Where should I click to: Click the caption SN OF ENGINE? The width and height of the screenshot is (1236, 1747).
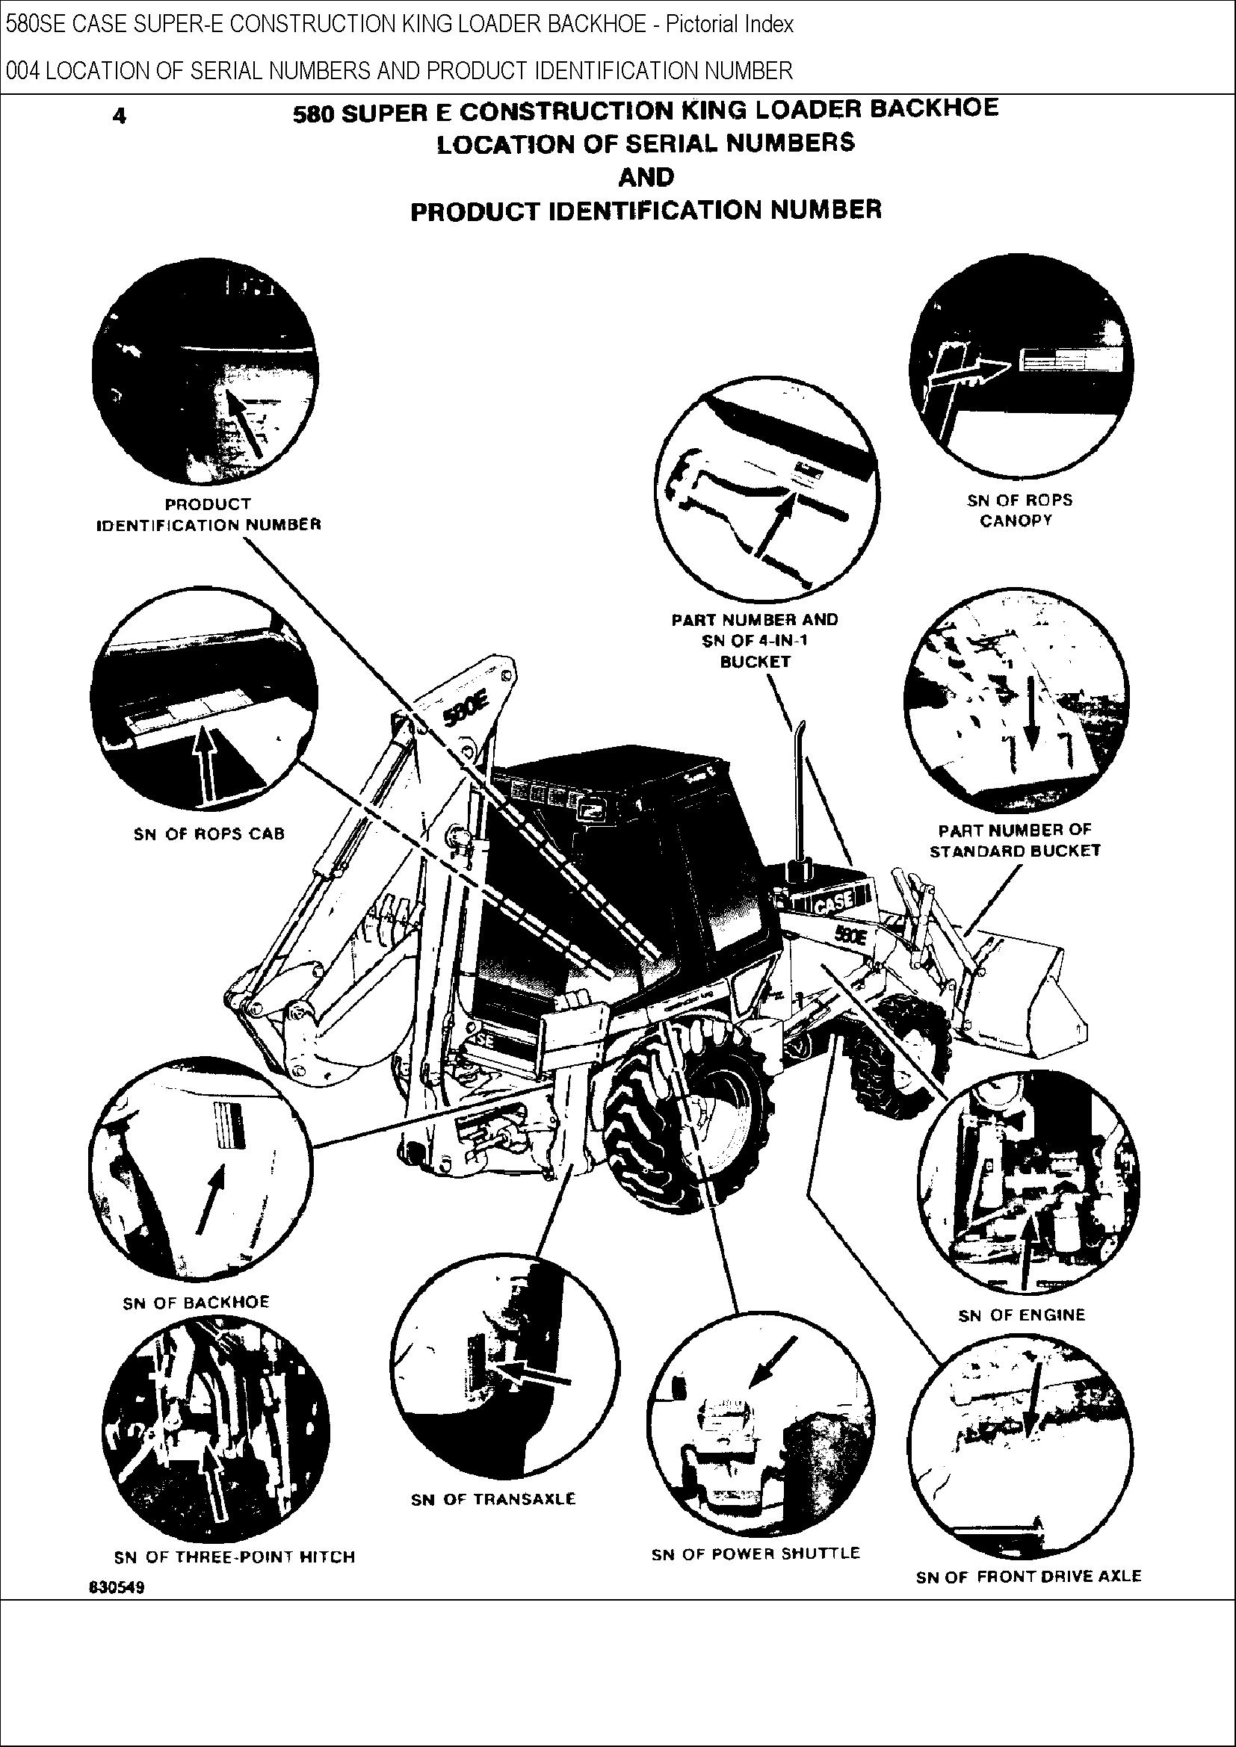(1022, 1335)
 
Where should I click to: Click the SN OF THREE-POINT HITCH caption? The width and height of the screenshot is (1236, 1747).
(235, 1578)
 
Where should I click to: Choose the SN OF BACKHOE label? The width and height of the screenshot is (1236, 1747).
(197, 1324)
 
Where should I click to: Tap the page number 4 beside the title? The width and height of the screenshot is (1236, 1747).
(120, 117)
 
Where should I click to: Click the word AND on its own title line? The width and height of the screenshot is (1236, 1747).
(646, 177)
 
